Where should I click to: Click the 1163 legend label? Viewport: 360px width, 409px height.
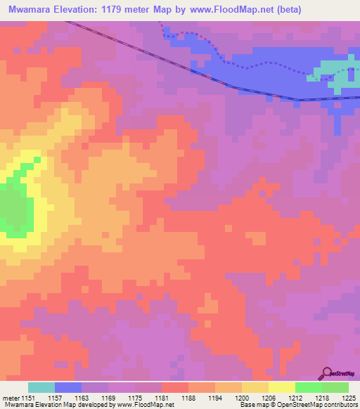[68, 398]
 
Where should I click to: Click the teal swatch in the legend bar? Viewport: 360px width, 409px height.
[41, 387]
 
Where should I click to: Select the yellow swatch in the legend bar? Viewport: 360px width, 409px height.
[282, 387]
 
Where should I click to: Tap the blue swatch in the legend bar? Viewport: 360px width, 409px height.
[68, 387]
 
